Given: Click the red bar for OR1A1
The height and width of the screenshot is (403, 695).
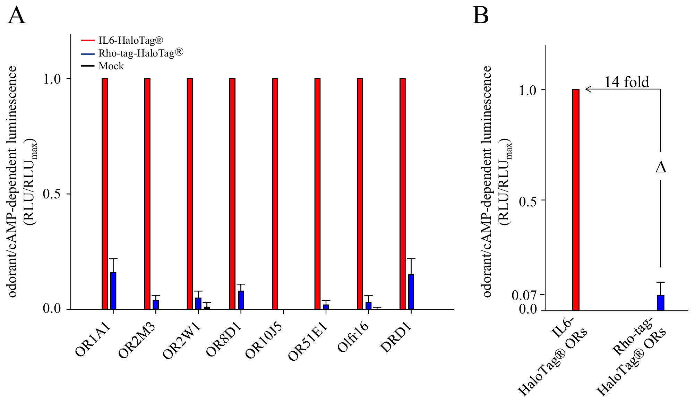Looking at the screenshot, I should click(x=105, y=194).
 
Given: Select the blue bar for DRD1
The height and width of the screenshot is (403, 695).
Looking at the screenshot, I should click(x=411, y=292).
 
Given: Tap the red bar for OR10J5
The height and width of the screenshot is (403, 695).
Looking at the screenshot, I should click(x=275, y=194).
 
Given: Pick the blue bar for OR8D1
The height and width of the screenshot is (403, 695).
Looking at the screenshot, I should click(x=241, y=300).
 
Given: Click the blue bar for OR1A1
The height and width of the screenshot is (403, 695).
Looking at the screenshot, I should click(x=113, y=291).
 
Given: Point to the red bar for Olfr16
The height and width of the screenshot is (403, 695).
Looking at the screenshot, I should click(x=360, y=194).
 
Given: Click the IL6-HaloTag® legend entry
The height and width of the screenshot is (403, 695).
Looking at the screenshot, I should click(x=130, y=41).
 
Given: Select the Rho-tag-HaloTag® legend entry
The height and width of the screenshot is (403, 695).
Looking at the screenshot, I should click(x=140, y=53).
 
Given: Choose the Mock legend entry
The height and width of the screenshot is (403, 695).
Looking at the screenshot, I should click(x=111, y=66).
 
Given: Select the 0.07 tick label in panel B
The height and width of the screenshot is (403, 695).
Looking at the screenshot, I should click(x=524, y=295).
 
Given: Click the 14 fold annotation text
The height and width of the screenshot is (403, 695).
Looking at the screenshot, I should click(x=626, y=82).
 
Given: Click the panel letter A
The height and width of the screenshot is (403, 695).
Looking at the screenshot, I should click(x=17, y=16).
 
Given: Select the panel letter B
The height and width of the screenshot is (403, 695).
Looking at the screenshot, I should click(x=481, y=16).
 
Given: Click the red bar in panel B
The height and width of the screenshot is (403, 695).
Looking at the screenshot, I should click(x=576, y=200).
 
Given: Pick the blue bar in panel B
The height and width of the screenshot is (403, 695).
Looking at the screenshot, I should click(x=661, y=303).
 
